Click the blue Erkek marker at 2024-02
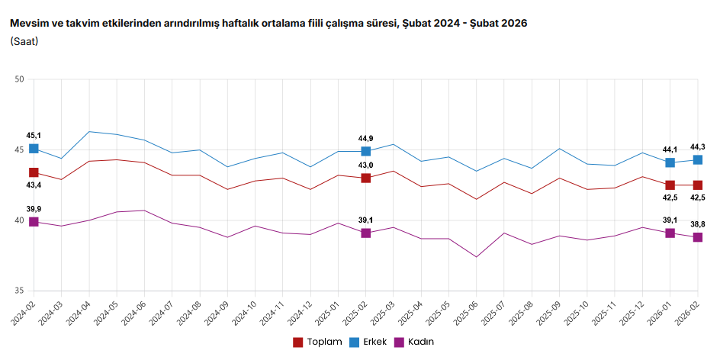point(34,149)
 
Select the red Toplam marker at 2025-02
point(366,178)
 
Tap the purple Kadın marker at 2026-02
point(697,237)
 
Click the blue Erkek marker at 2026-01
point(670,162)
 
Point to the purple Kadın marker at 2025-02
point(366,233)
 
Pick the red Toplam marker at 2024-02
point(34,172)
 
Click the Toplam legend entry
point(317,342)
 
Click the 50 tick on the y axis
point(20,79)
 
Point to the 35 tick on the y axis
point(20,291)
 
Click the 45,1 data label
point(34,136)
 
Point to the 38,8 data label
point(697,223)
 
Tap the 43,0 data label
point(366,166)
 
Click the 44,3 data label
point(697,146)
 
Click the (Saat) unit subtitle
point(24,40)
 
